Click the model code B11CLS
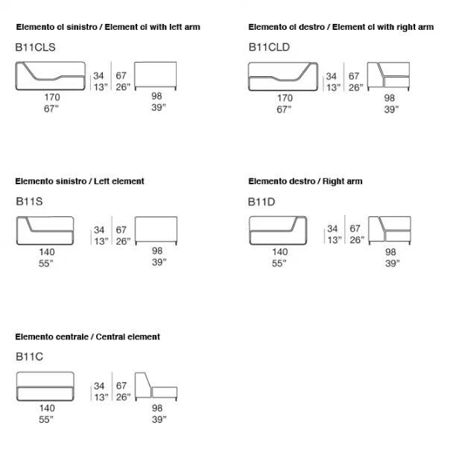(x=35, y=47)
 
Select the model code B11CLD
(x=269, y=47)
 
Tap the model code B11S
(x=29, y=201)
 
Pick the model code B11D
(x=262, y=202)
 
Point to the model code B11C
(x=29, y=357)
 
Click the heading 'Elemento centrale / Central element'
(x=87, y=336)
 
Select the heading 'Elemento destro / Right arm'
(x=306, y=181)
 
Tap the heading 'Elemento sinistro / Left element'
(x=80, y=181)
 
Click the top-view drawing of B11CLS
(x=51, y=76)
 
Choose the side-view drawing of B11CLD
(x=388, y=76)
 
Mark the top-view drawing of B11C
(x=45, y=386)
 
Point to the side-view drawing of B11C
(x=156, y=386)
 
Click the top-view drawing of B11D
(x=278, y=230)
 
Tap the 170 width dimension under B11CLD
(x=285, y=98)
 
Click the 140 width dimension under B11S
(x=47, y=252)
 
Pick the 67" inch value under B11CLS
(x=51, y=109)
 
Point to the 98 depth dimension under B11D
(x=390, y=252)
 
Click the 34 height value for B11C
(x=99, y=386)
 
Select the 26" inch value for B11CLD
(x=356, y=87)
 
